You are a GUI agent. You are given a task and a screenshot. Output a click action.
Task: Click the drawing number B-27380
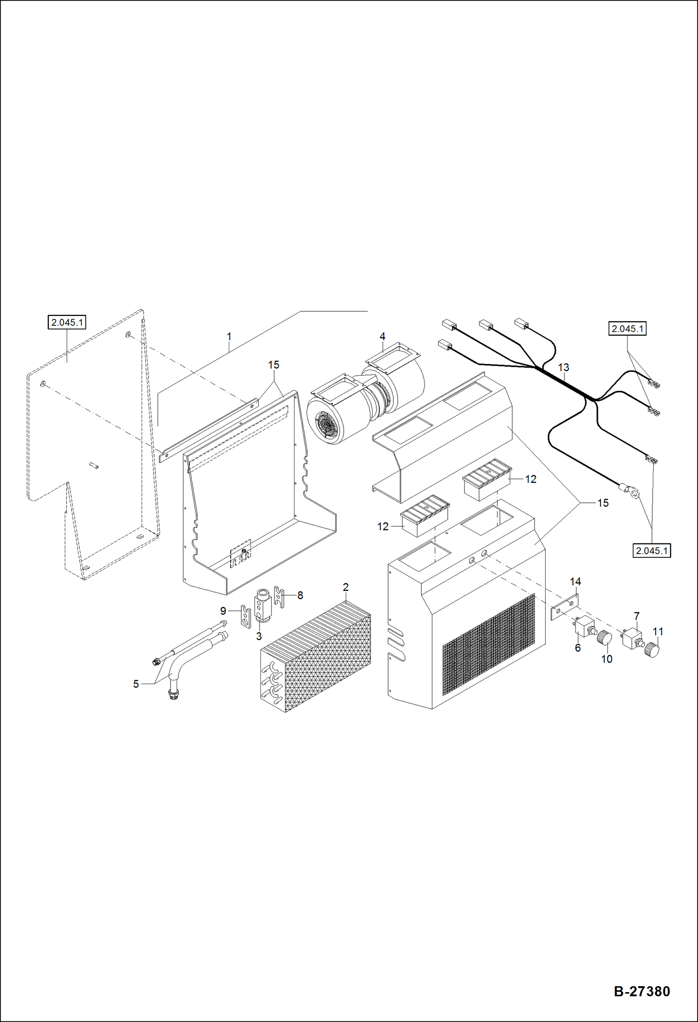pos(642,991)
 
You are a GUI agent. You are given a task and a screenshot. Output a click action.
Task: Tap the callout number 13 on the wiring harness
pos(563,367)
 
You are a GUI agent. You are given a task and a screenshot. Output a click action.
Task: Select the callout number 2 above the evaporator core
pos(345,587)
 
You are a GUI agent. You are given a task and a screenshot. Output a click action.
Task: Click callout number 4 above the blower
pos(382,336)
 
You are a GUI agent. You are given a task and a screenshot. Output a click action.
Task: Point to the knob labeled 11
pos(652,650)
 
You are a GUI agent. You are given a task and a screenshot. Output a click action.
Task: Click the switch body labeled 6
pos(583,626)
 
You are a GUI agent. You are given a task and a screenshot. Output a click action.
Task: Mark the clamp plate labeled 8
pos(279,597)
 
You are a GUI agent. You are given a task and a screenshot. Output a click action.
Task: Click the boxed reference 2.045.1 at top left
pos(67,322)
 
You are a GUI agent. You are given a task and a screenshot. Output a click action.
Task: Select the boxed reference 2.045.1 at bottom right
pos(652,550)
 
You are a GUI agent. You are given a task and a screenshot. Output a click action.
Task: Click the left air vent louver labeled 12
pos(424,515)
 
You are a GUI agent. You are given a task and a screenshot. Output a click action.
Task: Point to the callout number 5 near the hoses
pos(136,684)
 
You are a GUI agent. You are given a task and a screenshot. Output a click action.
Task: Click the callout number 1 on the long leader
pos(229,336)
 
